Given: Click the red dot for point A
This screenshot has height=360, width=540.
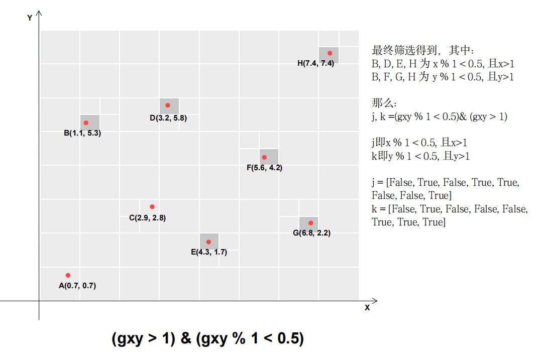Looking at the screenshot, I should (x=68, y=275).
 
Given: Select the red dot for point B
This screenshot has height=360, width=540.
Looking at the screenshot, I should (x=86, y=123).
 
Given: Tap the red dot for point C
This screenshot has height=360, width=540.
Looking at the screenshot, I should (x=152, y=207).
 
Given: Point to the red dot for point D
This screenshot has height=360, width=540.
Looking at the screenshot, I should (x=168, y=105).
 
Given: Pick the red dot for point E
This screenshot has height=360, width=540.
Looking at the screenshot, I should (x=208, y=242).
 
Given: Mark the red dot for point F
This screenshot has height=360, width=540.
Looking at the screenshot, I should (x=264, y=157).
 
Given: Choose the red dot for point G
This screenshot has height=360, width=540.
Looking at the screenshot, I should (x=310, y=223).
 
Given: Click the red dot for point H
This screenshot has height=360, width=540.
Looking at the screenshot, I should (x=330, y=53).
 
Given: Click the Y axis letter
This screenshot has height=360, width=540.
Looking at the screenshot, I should (x=30, y=18).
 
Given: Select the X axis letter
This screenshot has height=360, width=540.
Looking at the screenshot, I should (x=367, y=308).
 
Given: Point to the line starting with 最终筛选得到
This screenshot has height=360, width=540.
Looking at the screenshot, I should (x=422, y=51).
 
